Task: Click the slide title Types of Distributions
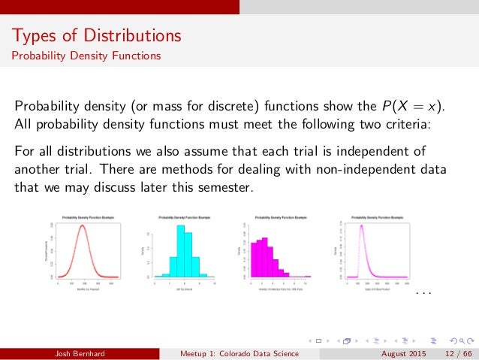click(95, 35)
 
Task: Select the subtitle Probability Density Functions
click(85, 56)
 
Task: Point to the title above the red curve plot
click(86, 217)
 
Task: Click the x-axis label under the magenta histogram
click(275, 289)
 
